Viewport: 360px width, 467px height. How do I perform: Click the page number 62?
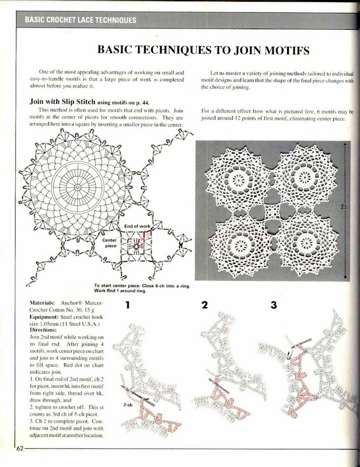20,448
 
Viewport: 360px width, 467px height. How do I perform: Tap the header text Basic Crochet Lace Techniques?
81,20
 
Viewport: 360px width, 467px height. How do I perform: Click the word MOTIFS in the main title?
287,50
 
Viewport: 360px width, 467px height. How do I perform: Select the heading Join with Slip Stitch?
62,102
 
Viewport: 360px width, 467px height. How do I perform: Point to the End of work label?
137,226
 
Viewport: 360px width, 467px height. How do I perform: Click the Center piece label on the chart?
110,243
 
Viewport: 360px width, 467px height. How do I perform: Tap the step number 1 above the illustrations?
128,305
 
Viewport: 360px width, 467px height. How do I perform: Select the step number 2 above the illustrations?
205,305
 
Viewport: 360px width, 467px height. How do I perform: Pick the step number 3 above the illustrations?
274,305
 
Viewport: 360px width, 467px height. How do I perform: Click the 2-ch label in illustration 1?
128,405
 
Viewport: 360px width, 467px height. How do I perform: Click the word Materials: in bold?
42,303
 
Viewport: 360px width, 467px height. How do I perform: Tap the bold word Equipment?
44,317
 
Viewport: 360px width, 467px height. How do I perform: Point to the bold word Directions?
43,330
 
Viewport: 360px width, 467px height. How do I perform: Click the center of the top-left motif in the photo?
239,180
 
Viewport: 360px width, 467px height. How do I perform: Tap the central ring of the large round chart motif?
78,187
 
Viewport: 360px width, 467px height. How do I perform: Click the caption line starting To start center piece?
142,286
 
